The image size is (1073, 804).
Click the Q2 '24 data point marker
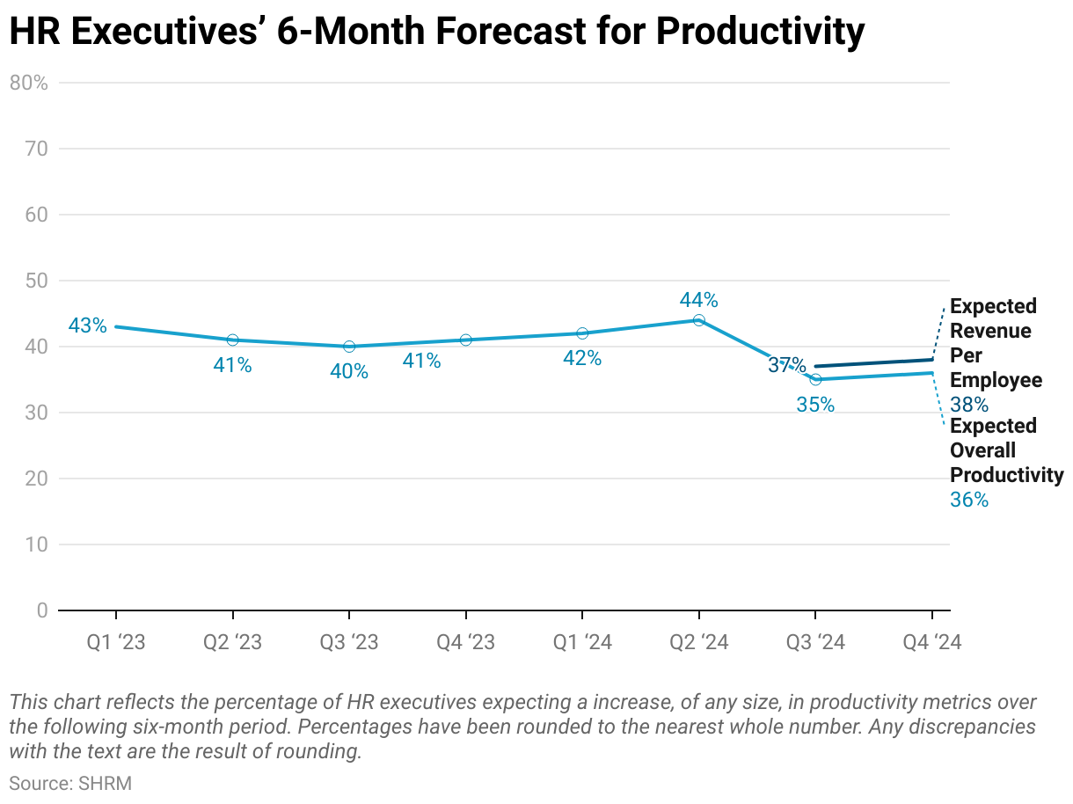[698, 320]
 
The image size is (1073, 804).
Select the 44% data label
[698, 300]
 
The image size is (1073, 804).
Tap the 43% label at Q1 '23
[87, 325]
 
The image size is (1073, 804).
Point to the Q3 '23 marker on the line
[349, 347]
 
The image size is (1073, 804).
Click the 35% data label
[815, 406]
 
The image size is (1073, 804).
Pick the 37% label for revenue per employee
[786, 365]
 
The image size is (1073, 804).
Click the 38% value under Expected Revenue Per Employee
[969, 405]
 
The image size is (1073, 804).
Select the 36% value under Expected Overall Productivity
[969, 500]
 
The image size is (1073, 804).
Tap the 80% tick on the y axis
[28, 83]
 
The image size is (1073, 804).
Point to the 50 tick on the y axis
[37, 281]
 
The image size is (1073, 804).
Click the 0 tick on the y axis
[42, 610]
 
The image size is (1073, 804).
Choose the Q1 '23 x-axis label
[116, 643]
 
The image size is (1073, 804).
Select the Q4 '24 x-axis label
[932, 643]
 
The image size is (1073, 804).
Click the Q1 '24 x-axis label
[582, 643]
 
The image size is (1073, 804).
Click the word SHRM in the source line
[106, 783]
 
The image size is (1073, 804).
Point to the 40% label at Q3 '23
[349, 371]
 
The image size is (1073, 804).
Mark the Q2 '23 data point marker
[232, 340]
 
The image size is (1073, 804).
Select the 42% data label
[582, 358]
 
